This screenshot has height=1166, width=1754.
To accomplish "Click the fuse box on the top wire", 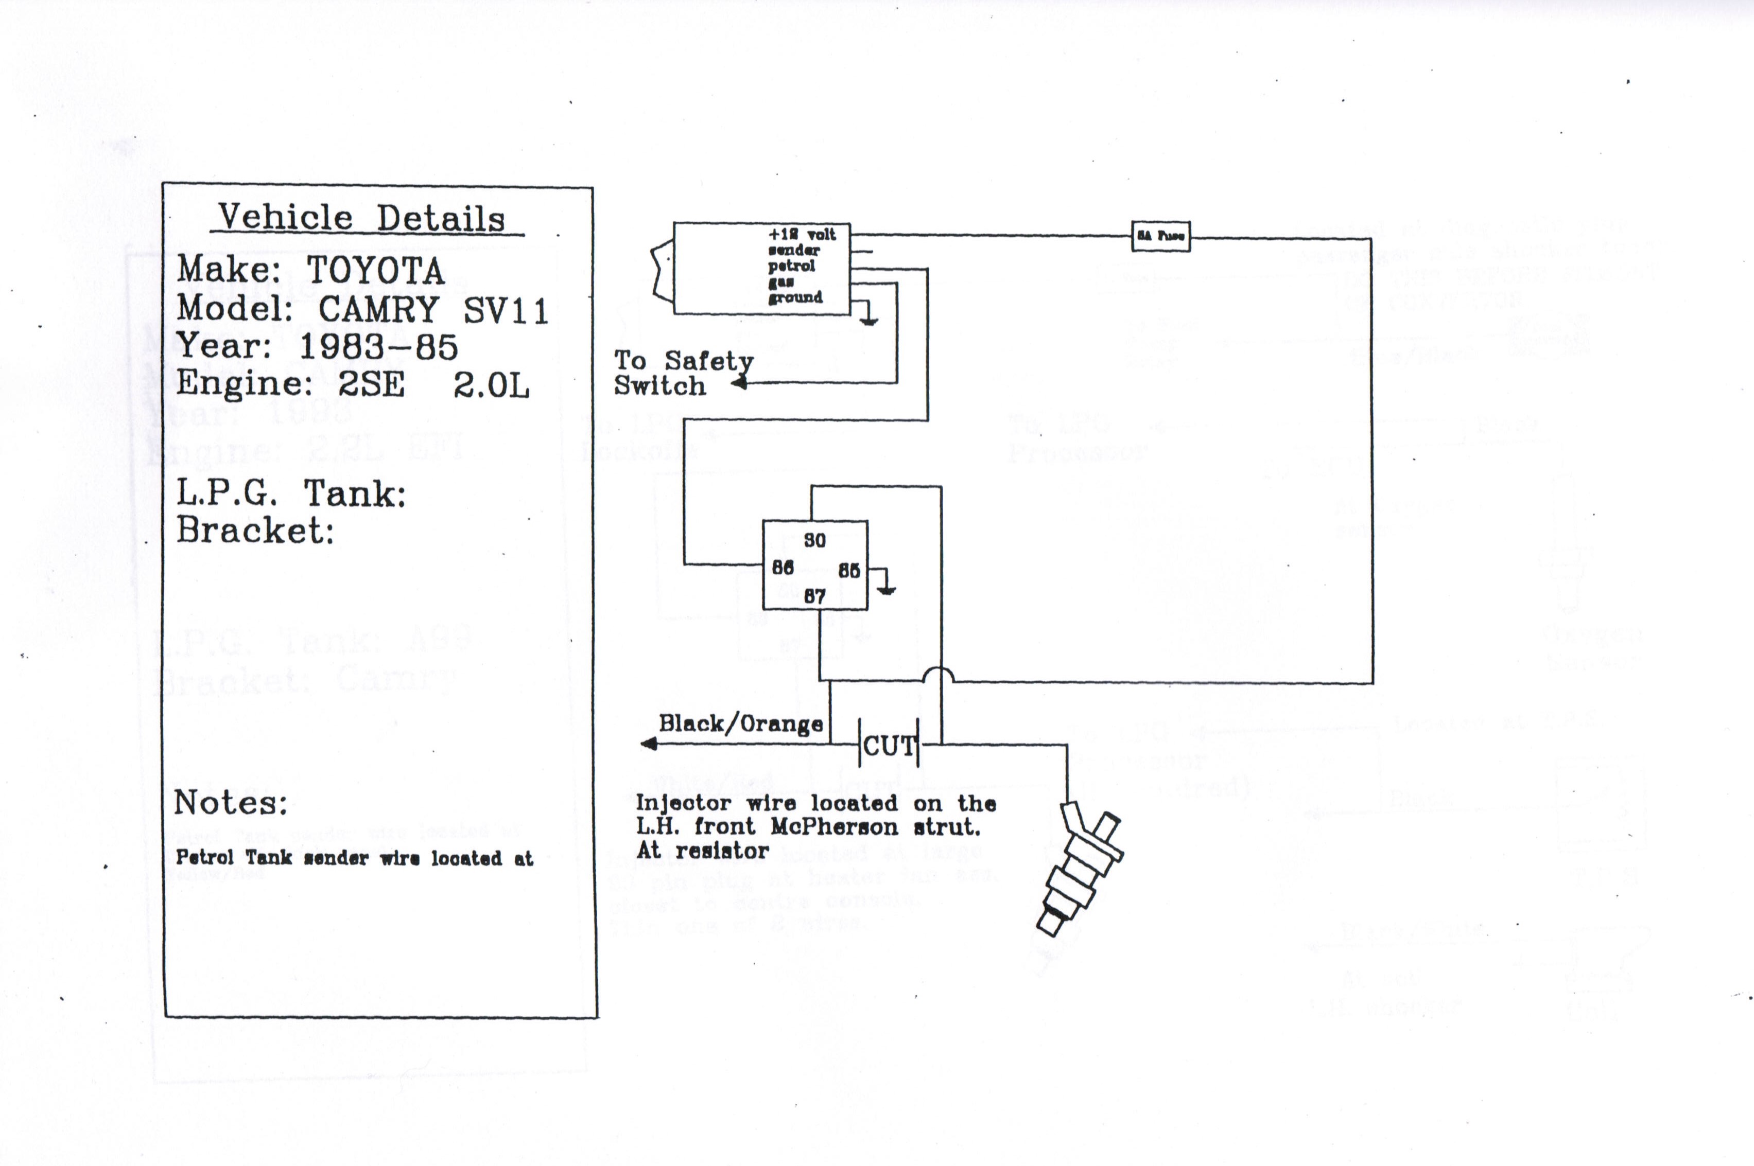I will pyautogui.click(x=1160, y=237).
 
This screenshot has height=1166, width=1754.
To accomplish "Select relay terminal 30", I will pyautogui.click(x=814, y=541).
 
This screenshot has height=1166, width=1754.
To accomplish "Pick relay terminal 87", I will pyautogui.click(x=814, y=596).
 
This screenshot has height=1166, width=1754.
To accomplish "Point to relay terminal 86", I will pyautogui.click(x=783, y=568).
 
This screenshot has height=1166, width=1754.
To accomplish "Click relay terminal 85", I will pyautogui.click(x=849, y=570).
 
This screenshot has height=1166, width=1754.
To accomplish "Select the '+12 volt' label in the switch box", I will pyautogui.click(x=802, y=234).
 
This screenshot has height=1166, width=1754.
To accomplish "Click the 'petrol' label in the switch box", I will pyautogui.click(x=791, y=266).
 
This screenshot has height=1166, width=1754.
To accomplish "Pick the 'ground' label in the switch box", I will pyautogui.click(x=795, y=297).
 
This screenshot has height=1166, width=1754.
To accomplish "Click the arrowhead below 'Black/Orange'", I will pyautogui.click(x=649, y=744).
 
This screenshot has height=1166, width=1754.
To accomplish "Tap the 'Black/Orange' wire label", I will pyautogui.click(x=740, y=723).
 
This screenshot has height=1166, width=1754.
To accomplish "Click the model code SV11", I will pyautogui.click(x=506, y=310).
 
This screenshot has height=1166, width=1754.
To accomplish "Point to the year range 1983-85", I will pyautogui.click(x=378, y=346).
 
